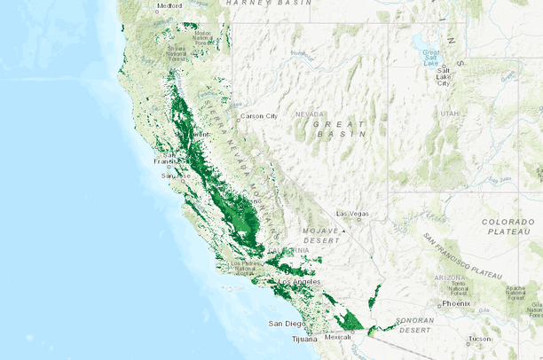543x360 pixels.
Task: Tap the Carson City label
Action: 260,116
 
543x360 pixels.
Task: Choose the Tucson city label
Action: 480,339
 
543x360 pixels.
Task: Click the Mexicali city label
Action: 337,337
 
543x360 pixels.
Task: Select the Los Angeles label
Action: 299,282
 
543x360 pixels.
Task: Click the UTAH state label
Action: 450,113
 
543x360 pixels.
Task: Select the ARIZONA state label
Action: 447,278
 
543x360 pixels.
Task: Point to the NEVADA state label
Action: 310,114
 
